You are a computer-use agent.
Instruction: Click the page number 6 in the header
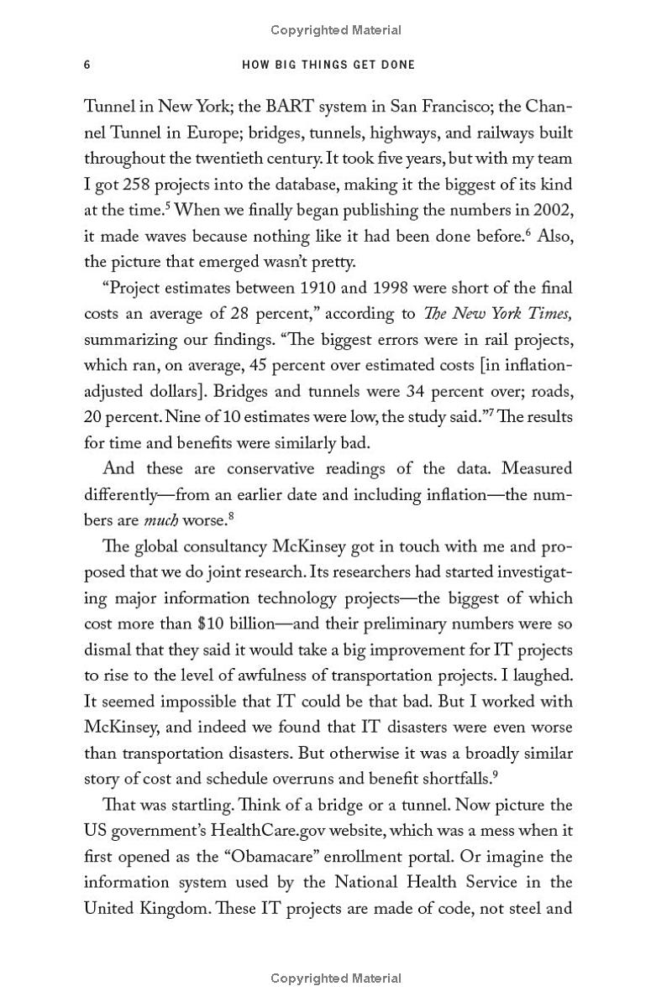(87, 65)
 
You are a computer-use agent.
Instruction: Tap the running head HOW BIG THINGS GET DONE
(328, 65)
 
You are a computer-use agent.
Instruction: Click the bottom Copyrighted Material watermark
(336, 978)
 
